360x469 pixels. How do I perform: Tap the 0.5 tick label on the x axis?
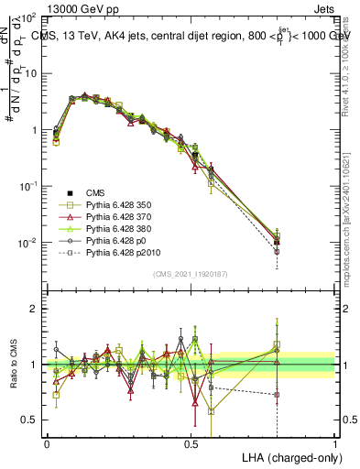pyautogui.click(x=191, y=442)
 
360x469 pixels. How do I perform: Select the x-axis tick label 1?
pyautogui.click(x=334, y=442)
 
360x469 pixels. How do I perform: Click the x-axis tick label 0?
pyautogui.click(x=47, y=442)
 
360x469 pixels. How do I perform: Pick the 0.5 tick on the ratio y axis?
pyautogui.click(x=28, y=420)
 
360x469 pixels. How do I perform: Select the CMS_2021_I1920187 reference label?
pyautogui.click(x=191, y=274)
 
